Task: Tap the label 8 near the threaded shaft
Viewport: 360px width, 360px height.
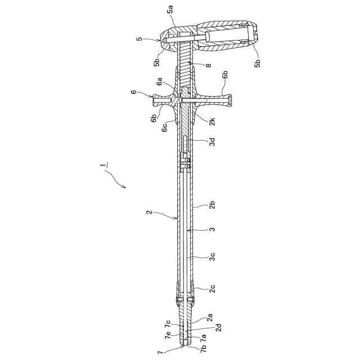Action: click(x=208, y=66)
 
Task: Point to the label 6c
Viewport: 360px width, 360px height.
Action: click(x=165, y=128)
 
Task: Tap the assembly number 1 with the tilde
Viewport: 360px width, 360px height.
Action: click(x=103, y=166)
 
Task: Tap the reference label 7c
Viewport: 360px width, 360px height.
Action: click(x=168, y=324)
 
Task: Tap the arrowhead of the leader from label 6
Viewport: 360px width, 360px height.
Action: click(x=155, y=97)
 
